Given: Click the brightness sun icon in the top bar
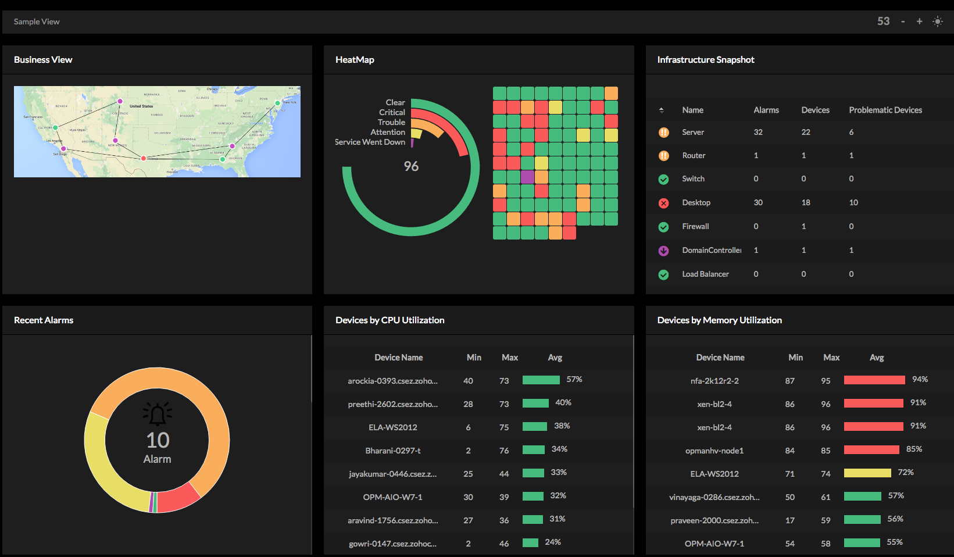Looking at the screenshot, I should pyautogui.click(x=937, y=22).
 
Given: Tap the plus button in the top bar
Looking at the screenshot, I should pyautogui.click(x=919, y=22).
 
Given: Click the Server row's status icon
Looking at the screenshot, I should pyautogui.click(x=663, y=133).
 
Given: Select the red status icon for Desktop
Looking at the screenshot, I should pyautogui.click(x=663, y=203).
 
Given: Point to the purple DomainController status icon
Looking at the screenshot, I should pyautogui.click(x=663, y=251).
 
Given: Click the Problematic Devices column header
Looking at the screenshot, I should pyautogui.click(x=885, y=110).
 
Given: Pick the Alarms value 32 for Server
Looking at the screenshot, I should pyautogui.click(x=758, y=133).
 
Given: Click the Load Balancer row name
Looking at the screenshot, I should pyautogui.click(x=705, y=274).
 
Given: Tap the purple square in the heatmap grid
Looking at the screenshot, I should pyautogui.click(x=527, y=177).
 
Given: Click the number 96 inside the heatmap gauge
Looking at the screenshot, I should pyautogui.click(x=411, y=166).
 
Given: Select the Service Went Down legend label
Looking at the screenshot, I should pyautogui.click(x=370, y=142).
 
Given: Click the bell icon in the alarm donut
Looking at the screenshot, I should pyautogui.click(x=157, y=413).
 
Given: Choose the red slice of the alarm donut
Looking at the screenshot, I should pyautogui.click(x=178, y=497).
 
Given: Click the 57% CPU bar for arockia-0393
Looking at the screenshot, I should pyautogui.click(x=541, y=380).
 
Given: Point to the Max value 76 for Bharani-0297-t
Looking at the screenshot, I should pyautogui.click(x=504, y=451).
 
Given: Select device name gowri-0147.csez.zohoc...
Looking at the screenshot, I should pyautogui.click(x=392, y=544).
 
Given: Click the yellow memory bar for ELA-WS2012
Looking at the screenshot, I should pyautogui.click(x=867, y=473).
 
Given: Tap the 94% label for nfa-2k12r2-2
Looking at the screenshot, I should pyautogui.click(x=920, y=380).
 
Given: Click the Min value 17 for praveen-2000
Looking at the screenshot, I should pyautogui.click(x=789, y=520).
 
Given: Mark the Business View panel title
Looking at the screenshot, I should pyautogui.click(x=43, y=60).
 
